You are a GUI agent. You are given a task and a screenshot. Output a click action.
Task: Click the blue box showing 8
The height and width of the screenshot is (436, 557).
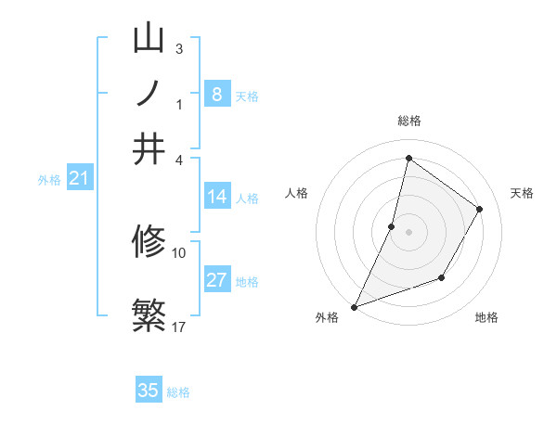pos(216,94)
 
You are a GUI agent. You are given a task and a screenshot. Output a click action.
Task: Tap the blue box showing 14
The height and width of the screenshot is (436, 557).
pos(216,197)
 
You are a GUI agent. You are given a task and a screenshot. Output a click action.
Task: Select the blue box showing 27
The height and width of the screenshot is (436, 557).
pos(216,280)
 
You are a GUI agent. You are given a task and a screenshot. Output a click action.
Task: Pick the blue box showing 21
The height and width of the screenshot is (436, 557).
pos(79,178)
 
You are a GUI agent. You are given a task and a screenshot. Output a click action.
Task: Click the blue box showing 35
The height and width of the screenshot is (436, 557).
pos(149,390)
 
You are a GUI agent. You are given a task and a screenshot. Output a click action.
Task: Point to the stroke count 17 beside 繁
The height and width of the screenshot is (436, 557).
pos(179,327)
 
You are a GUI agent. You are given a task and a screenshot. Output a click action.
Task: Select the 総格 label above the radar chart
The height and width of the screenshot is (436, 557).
pos(408,121)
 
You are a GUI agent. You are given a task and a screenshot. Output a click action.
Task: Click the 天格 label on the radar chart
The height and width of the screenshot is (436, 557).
pos(522,193)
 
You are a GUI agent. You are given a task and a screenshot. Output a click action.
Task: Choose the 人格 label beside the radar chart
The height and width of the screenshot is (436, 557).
pos(297,193)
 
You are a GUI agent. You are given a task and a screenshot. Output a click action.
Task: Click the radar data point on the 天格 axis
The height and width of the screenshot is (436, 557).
pos(480,209)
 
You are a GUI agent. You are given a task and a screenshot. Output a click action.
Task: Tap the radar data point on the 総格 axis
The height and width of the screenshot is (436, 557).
pos(408,158)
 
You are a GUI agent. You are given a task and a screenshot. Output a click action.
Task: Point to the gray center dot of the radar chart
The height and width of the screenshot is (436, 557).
pos(408,232)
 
